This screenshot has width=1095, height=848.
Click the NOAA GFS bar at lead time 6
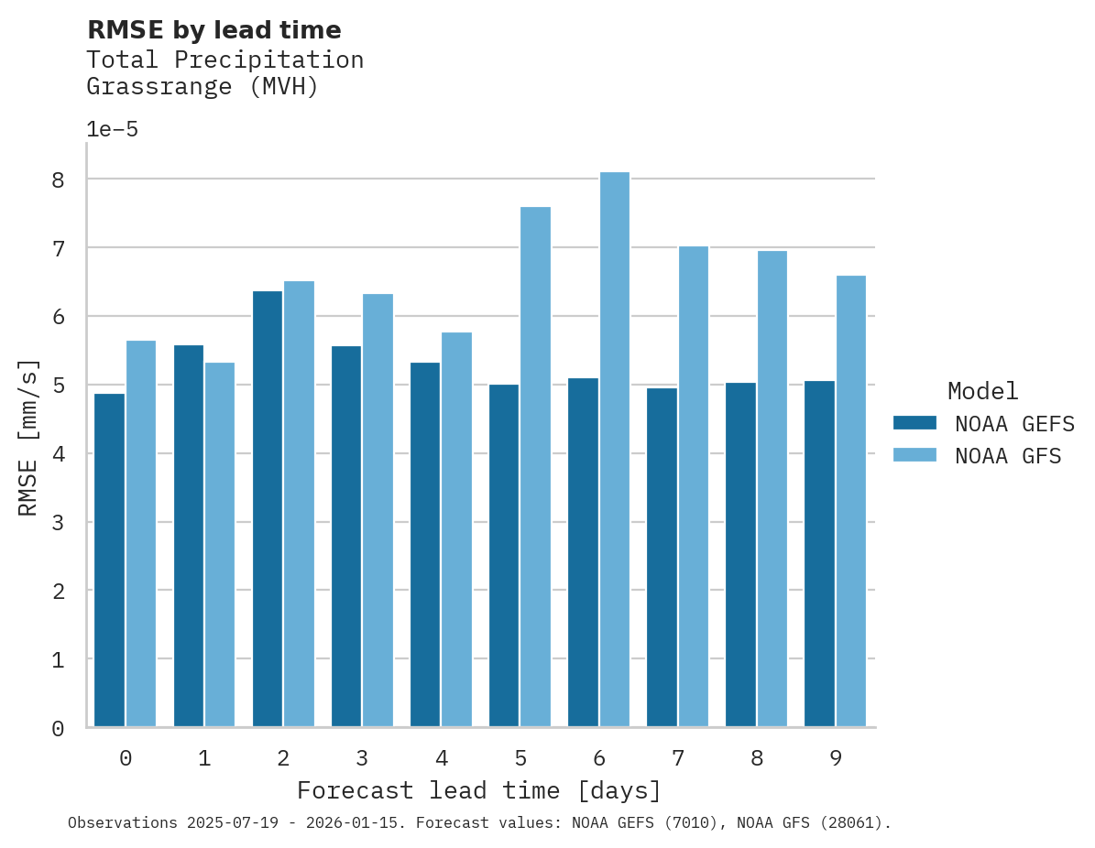click(614, 450)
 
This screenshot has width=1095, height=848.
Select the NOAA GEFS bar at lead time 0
click(109, 560)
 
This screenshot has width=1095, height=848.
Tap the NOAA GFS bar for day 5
click(535, 467)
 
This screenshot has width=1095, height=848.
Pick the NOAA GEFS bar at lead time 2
click(268, 509)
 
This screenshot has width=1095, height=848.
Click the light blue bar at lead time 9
click(850, 501)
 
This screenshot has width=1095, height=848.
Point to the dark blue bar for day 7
click(662, 558)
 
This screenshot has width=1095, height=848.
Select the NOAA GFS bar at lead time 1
click(220, 545)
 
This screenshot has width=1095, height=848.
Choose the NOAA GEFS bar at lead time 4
click(425, 545)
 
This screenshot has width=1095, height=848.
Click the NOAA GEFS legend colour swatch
click(914, 423)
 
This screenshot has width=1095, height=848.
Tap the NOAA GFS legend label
click(1007, 456)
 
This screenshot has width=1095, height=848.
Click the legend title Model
click(982, 391)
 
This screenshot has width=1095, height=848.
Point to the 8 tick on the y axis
click(58, 179)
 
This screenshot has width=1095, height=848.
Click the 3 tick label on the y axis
click(58, 523)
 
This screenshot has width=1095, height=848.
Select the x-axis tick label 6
click(599, 758)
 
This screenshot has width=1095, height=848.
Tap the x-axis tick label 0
click(125, 758)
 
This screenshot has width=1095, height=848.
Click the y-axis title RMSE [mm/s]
click(28, 438)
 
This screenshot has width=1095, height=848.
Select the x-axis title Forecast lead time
click(478, 790)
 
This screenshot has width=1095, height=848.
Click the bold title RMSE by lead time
click(214, 30)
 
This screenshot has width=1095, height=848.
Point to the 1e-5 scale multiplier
click(112, 129)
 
